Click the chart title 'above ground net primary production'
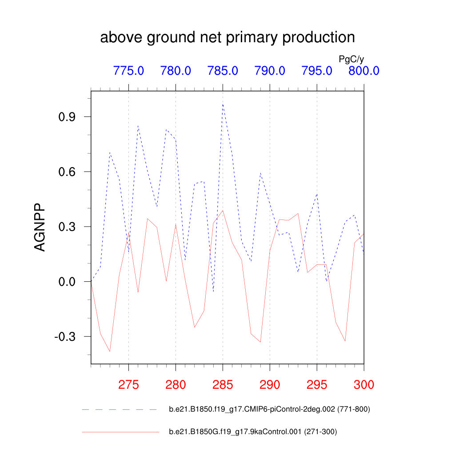pos(227,38)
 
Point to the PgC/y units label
pos(351,59)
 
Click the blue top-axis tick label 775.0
pos(128,71)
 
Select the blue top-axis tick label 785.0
pos(223,71)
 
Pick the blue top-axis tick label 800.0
pos(363,71)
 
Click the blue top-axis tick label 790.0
pos(270,71)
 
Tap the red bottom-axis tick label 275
pos(128,384)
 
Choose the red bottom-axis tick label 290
pos(270,384)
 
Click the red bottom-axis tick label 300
pos(363,384)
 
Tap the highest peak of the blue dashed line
pos(223,104)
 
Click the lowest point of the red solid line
pos(110,351)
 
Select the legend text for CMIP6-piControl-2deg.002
pos(269,409)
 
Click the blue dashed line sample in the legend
pos(120,409)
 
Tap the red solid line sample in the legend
pos(120,431)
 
